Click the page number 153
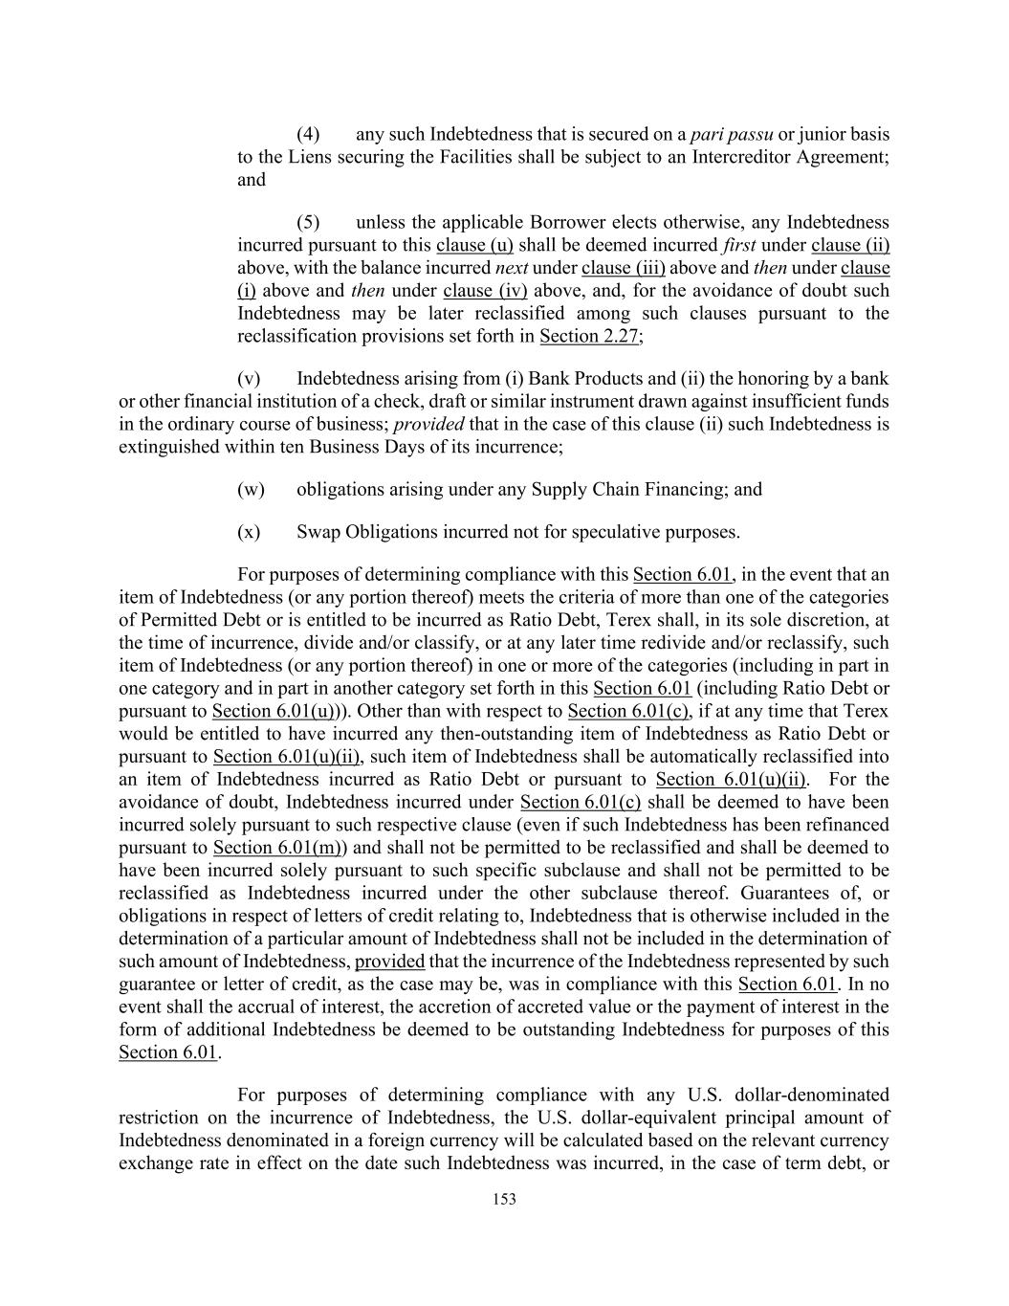pyautogui.click(x=504, y=1199)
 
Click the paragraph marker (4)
pyautogui.click(x=308, y=134)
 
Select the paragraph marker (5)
pyautogui.click(x=308, y=223)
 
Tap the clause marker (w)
pyautogui.click(x=251, y=490)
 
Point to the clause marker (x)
pyautogui.click(x=249, y=532)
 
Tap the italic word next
pyautogui.click(x=512, y=268)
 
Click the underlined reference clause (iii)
pyautogui.click(x=623, y=268)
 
